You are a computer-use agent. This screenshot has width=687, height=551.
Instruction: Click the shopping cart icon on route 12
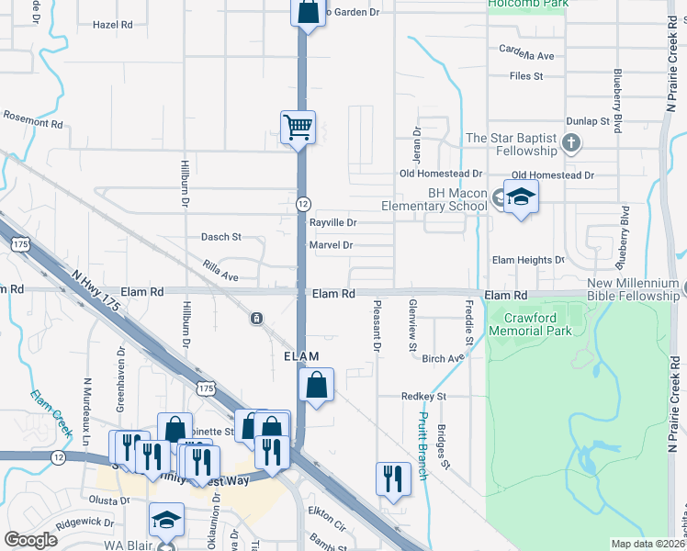[x=298, y=127]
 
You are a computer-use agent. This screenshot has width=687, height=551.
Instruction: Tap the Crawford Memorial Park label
[x=531, y=323]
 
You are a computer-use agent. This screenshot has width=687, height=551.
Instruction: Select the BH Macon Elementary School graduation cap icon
[x=521, y=197]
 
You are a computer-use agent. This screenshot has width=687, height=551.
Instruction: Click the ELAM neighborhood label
[x=299, y=356]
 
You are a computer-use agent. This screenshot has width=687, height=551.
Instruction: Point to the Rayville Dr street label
[x=332, y=223]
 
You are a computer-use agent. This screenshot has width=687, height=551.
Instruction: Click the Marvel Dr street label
[x=331, y=245]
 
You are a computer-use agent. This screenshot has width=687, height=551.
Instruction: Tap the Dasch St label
[x=220, y=237]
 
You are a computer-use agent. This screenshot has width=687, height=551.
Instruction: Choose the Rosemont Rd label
[x=32, y=120]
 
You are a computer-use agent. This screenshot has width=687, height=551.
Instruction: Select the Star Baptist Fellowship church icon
[x=571, y=142]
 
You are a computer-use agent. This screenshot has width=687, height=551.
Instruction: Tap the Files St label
[x=526, y=76]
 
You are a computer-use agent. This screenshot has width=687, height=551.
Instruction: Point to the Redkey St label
[x=422, y=397]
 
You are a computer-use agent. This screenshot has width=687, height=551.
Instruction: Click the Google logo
[x=31, y=540]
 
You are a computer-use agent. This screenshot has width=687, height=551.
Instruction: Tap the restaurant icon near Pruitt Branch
[x=391, y=478]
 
